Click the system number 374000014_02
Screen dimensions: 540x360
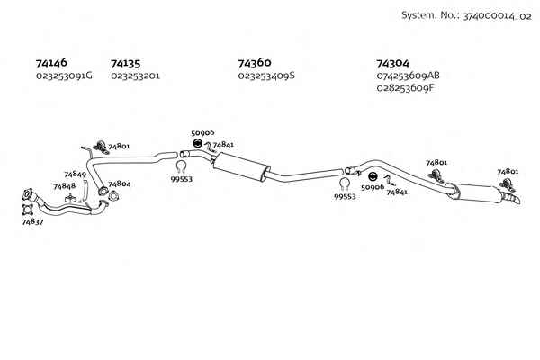(x=497, y=16)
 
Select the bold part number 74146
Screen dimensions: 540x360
(x=51, y=63)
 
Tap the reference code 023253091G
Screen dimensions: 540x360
(x=64, y=76)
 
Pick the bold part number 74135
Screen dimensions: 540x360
(x=126, y=64)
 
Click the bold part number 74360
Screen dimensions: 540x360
(x=255, y=63)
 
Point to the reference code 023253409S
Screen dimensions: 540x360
(x=266, y=76)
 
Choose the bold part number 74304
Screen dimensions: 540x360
(x=393, y=64)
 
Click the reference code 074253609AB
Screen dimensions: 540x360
(x=408, y=76)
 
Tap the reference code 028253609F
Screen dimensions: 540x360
(x=406, y=88)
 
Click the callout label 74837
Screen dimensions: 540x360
(x=32, y=222)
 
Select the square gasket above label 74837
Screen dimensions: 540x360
(x=27, y=209)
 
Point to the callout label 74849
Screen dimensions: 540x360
(x=75, y=175)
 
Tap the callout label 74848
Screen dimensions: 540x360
(x=65, y=186)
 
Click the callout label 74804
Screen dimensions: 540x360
(x=120, y=184)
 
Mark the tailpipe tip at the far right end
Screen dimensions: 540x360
(x=517, y=201)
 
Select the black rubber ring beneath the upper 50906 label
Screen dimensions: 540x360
(x=197, y=144)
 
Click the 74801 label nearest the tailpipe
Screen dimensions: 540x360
(x=508, y=172)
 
